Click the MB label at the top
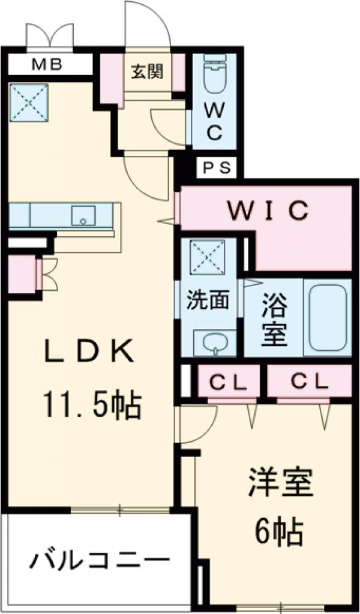coord(47,64)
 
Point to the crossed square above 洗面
coord(206,258)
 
